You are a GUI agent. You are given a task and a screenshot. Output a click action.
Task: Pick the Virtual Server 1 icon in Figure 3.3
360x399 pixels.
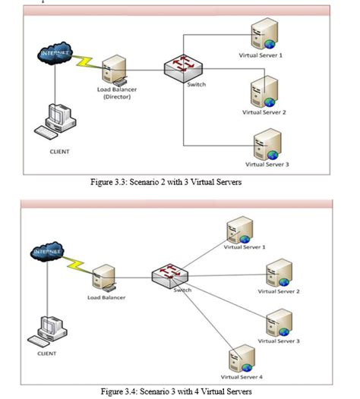click(266, 34)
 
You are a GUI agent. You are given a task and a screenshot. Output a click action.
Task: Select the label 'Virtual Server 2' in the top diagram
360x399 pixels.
click(264, 112)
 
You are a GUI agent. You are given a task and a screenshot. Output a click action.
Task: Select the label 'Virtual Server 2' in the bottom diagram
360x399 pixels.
click(279, 291)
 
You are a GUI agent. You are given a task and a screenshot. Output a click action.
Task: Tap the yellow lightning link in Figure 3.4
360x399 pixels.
click(79, 262)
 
